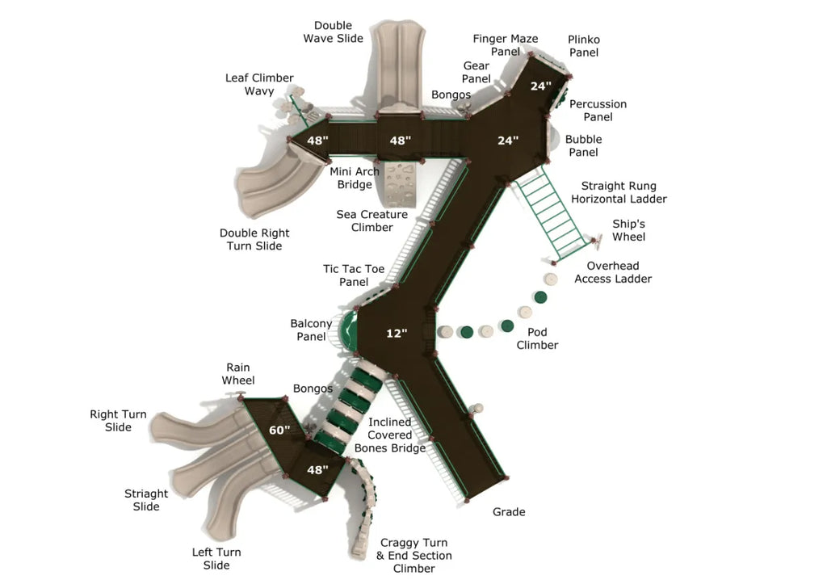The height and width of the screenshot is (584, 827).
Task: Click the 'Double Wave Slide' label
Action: pyautogui.click(x=333, y=32)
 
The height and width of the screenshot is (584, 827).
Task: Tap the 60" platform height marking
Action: pyautogui.click(x=279, y=431)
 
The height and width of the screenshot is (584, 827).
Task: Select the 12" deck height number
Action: pyautogui.click(x=397, y=333)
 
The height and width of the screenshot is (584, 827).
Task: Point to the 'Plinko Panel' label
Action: pyautogui.click(x=583, y=46)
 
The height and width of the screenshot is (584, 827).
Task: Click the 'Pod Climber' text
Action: pyautogui.click(x=537, y=338)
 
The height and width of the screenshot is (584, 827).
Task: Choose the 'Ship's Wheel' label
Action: pyautogui.click(x=628, y=230)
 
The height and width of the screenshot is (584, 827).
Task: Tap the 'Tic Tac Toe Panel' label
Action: pyautogui.click(x=354, y=275)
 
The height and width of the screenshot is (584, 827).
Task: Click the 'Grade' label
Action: pyautogui.click(x=509, y=512)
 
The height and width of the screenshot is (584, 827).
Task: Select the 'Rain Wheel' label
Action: pyautogui.click(x=238, y=374)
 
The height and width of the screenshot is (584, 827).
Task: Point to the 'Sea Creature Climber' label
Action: pyautogui.click(x=372, y=221)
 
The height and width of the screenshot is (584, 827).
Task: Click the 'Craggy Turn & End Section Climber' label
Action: pyautogui.click(x=414, y=556)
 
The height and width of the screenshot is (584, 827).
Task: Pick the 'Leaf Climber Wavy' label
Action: pyautogui.click(x=259, y=84)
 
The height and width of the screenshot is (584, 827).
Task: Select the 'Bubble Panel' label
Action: pyautogui.click(x=583, y=146)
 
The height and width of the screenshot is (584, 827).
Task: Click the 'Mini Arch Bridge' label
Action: pyautogui.click(x=355, y=179)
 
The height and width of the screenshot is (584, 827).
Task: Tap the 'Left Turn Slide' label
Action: pyautogui.click(x=216, y=559)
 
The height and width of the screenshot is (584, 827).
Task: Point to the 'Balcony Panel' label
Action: pyautogui.click(x=311, y=330)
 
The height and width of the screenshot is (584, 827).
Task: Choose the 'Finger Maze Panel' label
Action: pyautogui.click(x=506, y=45)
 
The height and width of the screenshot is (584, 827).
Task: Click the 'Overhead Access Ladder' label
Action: pyautogui.click(x=613, y=272)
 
